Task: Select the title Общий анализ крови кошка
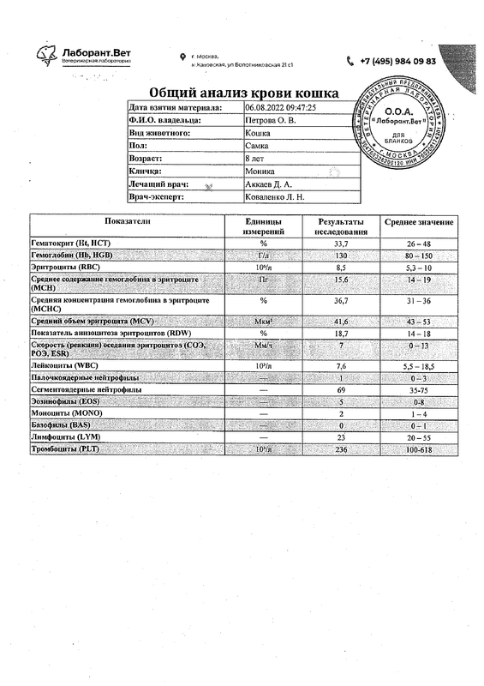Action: tap(243, 93)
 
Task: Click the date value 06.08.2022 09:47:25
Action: tap(281, 107)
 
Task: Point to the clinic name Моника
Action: tap(260, 171)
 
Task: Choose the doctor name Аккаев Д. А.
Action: tap(270, 184)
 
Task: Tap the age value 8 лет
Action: tap(258, 159)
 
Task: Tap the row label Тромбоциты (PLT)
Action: tap(65, 448)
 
